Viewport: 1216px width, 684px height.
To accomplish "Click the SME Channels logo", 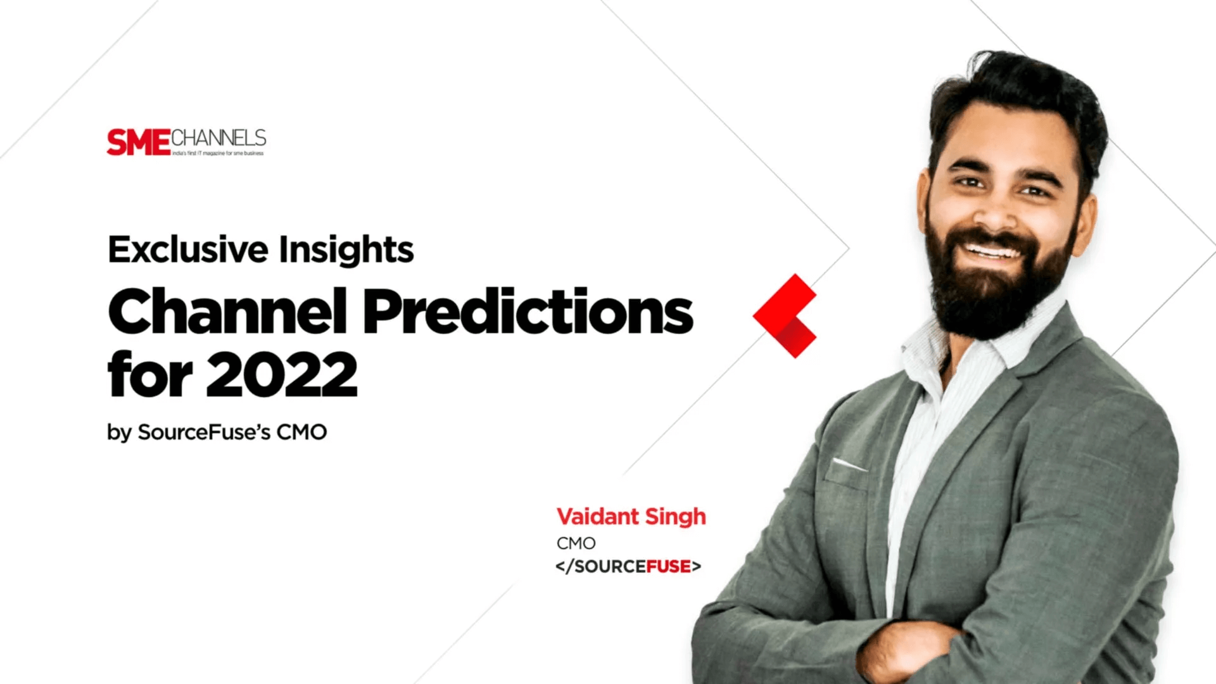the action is pos(186,142).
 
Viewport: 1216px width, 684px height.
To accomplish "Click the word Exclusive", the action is pos(188,249).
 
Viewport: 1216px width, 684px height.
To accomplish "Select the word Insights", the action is pos(346,250).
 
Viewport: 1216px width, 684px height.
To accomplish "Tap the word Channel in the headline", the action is pos(227,310).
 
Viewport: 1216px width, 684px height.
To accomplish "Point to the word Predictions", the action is pos(528,310).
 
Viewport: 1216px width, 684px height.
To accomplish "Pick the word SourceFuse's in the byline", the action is pos(204,432).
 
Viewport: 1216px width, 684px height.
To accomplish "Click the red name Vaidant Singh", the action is pos(631,516).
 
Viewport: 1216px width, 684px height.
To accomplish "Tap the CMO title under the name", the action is pos(576,543).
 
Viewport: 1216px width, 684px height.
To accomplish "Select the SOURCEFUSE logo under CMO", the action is pos(628,566).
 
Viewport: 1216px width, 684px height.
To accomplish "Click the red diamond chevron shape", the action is pos(785,315).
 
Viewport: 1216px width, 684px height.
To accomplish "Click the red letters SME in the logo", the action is pos(139,142).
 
